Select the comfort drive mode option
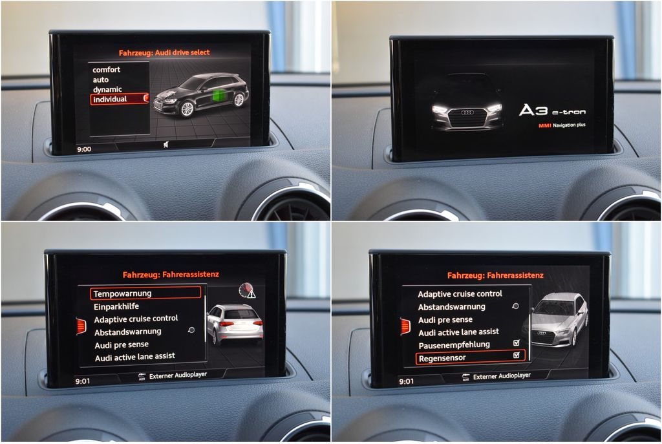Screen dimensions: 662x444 click(x=107, y=70)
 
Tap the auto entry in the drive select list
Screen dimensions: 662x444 click(x=100, y=79)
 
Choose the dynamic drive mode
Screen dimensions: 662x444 click(x=107, y=89)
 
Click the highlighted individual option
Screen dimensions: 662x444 click(x=110, y=99)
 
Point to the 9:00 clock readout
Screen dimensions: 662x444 click(x=84, y=149)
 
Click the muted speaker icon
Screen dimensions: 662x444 click(x=166, y=145)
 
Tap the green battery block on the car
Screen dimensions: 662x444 click(x=219, y=96)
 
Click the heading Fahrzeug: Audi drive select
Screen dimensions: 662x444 click(x=164, y=53)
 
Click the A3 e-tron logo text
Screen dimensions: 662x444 click(x=552, y=111)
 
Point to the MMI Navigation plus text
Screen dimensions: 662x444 click(x=562, y=125)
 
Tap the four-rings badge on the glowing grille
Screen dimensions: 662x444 click(x=467, y=112)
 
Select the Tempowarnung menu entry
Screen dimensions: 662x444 click(x=122, y=294)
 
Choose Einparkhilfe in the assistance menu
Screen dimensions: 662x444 click(x=116, y=306)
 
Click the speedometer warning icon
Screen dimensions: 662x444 click(x=247, y=291)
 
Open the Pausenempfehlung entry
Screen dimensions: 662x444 click(x=454, y=345)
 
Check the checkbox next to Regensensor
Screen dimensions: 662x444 click(x=517, y=355)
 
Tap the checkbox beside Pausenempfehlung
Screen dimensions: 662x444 click(x=517, y=343)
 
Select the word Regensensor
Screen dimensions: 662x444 click(x=442, y=358)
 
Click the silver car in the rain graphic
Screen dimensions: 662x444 click(x=555, y=319)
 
